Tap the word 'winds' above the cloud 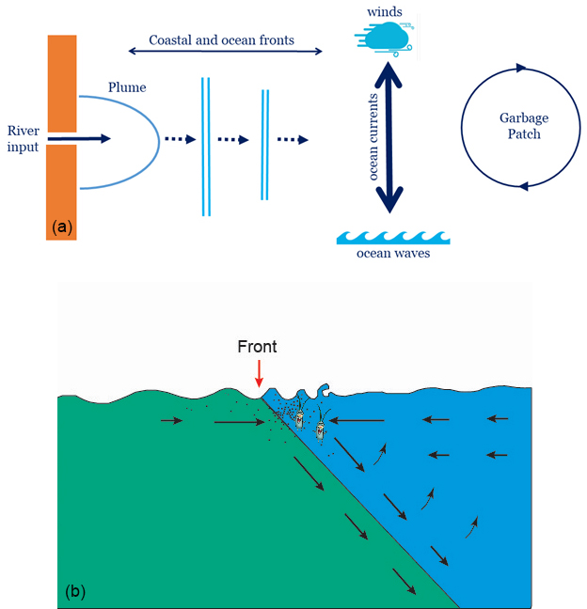pyautogui.click(x=386, y=11)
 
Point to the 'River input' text pyautogui.click(x=23, y=138)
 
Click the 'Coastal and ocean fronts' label pyautogui.click(x=222, y=40)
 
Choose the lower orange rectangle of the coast pyautogui.click(x=61, y=192)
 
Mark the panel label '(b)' pyautogui.click(x=76, y=591)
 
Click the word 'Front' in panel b pyautogui.click(x=257, y=347)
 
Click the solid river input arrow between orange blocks pyautogui.click(x=79, y=138)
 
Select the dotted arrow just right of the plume pyautogui.click(x=179, y=139)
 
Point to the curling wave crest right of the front pyautogui.click(x=324, y=389)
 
